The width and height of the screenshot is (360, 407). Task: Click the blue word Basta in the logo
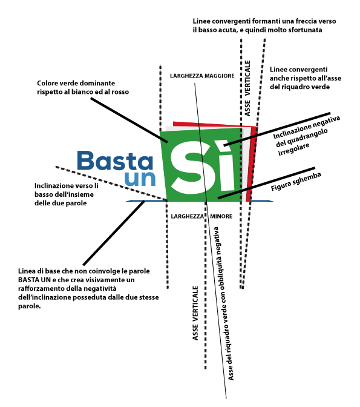click(115, 160)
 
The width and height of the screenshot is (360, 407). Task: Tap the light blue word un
click(140, 179)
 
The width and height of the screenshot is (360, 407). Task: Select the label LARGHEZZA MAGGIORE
click(202, 76)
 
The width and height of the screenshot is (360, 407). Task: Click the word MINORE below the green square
click(221, 216)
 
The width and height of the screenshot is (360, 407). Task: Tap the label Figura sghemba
click(296, 182)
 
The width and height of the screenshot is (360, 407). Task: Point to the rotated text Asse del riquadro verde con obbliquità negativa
click(223, 303)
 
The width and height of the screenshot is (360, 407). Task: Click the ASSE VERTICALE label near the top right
click(247, 88)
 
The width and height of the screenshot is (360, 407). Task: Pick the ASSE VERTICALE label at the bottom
click(195, 313)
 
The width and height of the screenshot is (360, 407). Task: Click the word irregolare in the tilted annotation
click(293, 149)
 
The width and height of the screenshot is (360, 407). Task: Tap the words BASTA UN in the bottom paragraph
click(34, 280)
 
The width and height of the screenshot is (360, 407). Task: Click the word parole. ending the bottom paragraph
click(30, 306)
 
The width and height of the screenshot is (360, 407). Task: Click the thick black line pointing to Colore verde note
click(129, 120)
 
